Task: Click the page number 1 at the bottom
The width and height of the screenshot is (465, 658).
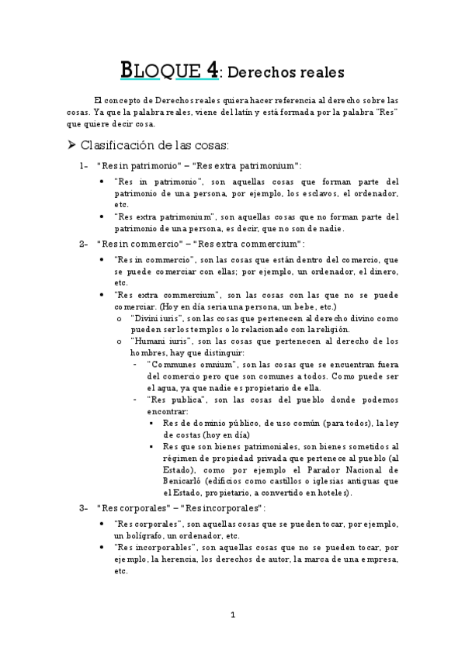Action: click(x=232, y=615)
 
